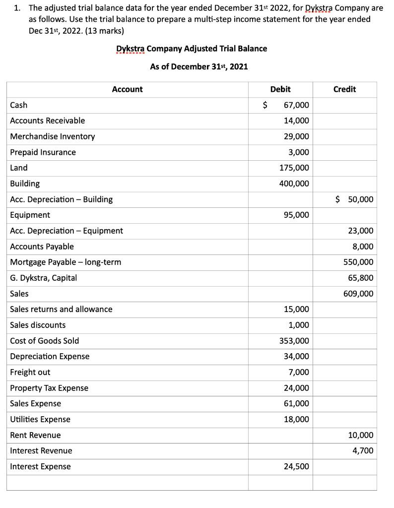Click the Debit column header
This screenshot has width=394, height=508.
coord(280,89)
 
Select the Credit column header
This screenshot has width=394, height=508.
coord(344,89)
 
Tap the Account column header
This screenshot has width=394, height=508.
coord(127,89)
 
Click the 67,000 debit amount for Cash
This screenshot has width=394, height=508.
coord(296,105)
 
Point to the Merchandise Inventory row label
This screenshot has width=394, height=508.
coord(53,136)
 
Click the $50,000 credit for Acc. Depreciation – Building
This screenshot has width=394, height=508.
coord(354,199)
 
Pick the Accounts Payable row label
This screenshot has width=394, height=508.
coord(42,247)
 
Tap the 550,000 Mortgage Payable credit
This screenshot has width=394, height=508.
coord(358,262)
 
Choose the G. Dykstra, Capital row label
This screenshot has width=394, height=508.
coord(44,278)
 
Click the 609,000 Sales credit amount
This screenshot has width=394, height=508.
coord(358,294)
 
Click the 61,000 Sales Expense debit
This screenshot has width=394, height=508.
coord(296,403)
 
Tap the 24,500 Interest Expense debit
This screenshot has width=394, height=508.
coord(296,466)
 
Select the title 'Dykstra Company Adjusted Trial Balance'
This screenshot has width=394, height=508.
coord(192,49)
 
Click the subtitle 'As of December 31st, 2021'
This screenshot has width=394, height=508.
coord(198,66)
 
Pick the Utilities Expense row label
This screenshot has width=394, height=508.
coord(40,419)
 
